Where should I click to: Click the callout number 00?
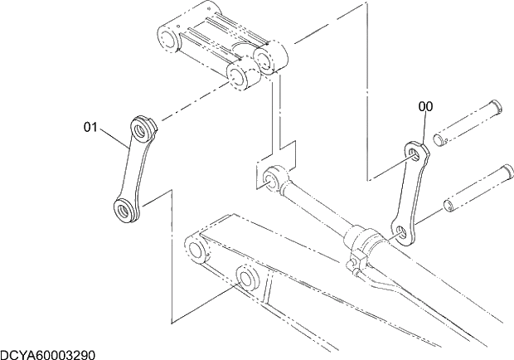(424, 106)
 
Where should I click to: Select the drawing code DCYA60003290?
(47, 354)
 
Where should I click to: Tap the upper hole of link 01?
(140, 127)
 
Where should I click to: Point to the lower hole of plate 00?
(401, 231)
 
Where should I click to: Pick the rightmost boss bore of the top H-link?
(268, 58)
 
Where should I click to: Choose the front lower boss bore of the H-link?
(238, 79)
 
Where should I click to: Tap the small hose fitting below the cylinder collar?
(354, 267)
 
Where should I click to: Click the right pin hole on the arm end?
(245, 276)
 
